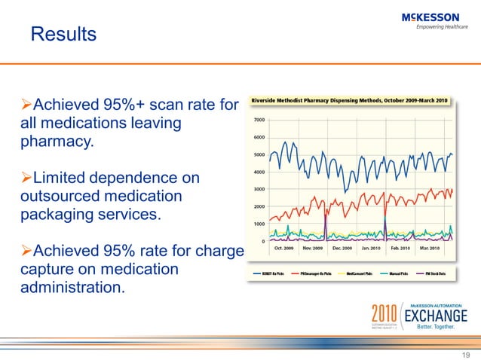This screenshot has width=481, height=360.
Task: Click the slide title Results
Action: pos(63,34)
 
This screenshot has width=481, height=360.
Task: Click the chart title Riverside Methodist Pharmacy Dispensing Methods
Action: pos(349,100)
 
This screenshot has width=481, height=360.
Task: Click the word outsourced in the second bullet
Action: pos(56,197)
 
